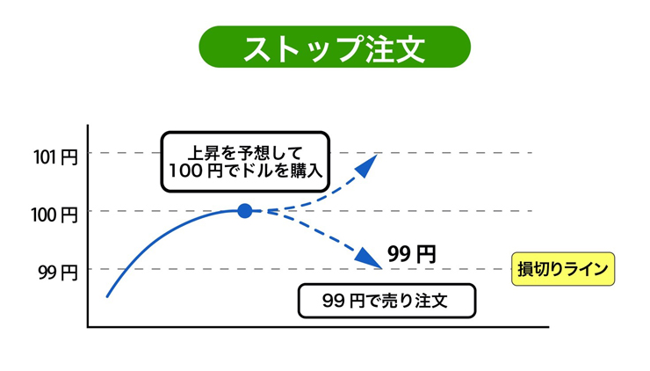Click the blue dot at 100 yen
point(245,210)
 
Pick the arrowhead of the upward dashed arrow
point(370,159)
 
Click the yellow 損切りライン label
point(563,269)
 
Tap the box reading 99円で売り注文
point(386,301)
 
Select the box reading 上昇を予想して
point(245,161)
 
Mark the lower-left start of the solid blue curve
point(107,296)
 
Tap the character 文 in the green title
point(407,48)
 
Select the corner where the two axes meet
point(88,327)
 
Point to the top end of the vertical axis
point(88,126)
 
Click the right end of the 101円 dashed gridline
point(531,153)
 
